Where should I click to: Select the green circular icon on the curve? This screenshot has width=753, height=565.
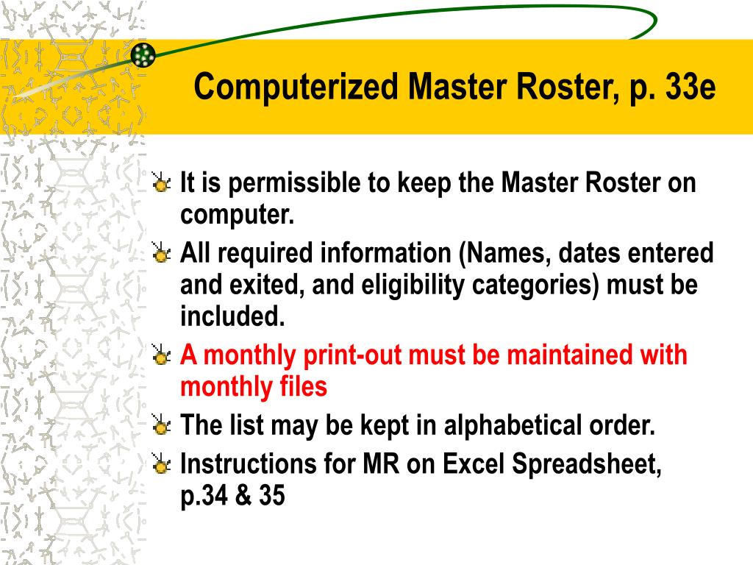coord(143,54)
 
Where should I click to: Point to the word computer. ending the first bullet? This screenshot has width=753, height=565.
coord(237,216)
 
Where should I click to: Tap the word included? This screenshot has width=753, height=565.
coord(232,317)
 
